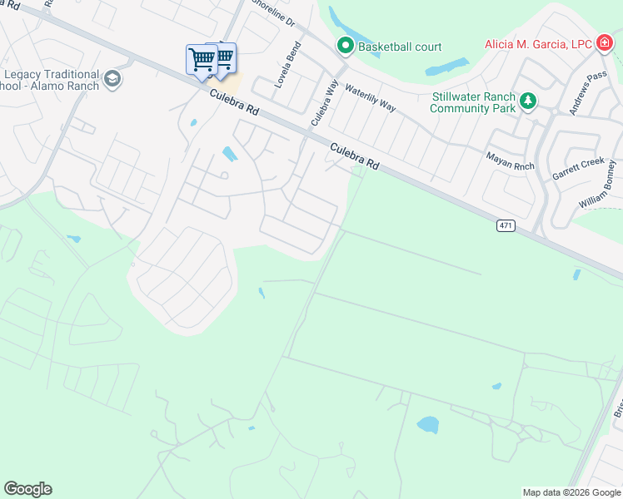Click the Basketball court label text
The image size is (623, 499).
[x=400, y=47]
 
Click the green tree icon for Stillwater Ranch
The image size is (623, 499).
[x=527, y=101]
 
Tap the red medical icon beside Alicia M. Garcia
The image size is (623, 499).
[x=604, y=44]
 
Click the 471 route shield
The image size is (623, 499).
[x=506, y=225]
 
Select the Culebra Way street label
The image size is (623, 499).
[x=324, y=107]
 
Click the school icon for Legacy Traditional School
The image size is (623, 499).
[x=113, y=80]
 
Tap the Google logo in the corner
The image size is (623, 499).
[x=27, y=489]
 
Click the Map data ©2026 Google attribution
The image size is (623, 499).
[x=571, y=492]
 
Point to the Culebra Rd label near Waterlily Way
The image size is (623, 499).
[x=354, y=156]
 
